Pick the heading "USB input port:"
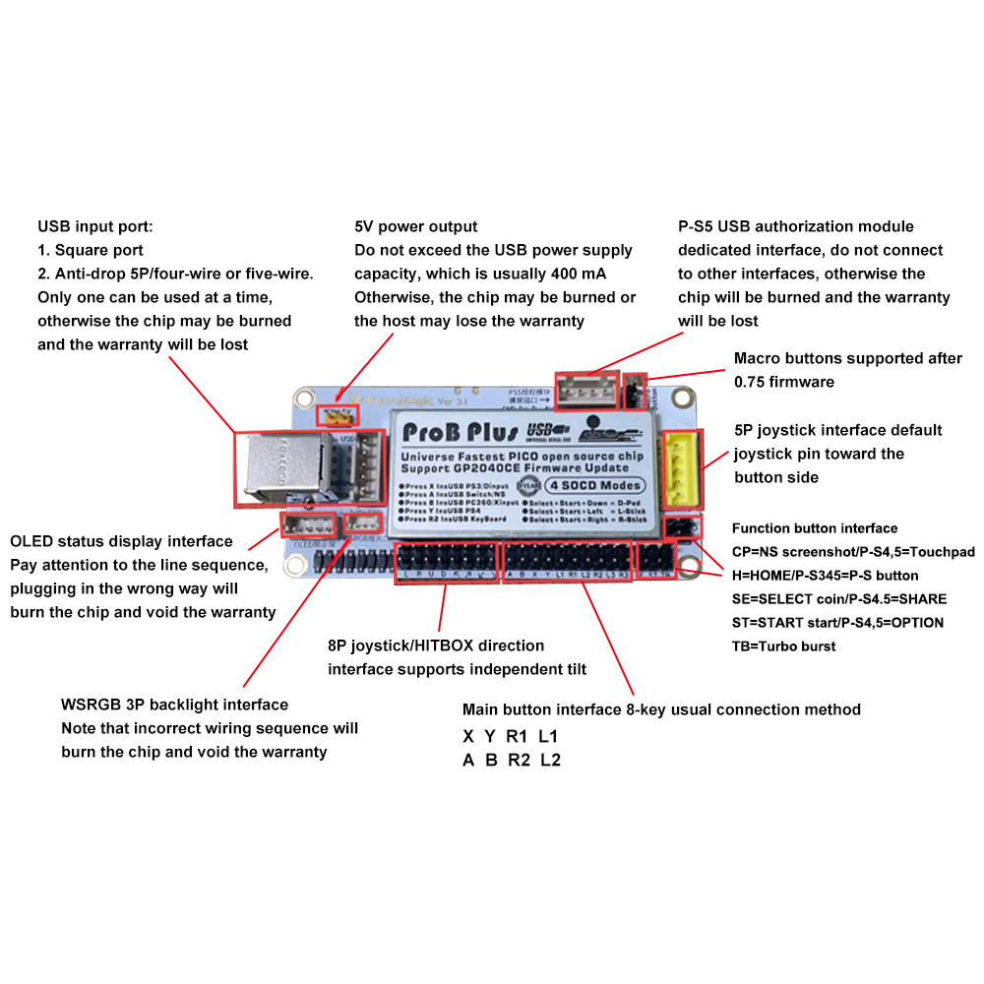point(95,226)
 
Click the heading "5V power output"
point(415,226)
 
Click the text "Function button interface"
point(815,528)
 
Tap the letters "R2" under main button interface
point(519,760)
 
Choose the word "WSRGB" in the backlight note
point(87,705)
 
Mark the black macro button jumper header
point(636,390)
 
